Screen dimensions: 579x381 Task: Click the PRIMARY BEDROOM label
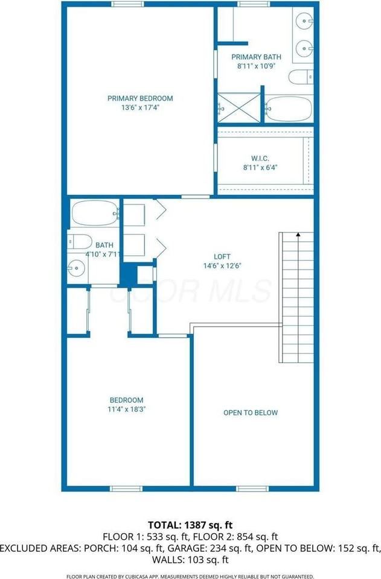click(140, 98)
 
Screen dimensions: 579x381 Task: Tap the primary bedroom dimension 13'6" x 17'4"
click(140, 108)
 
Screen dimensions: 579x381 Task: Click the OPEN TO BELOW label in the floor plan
click(251, 413)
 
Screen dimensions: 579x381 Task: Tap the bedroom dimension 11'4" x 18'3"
click(127, 409)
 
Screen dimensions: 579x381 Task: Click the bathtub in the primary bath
click(289, 109)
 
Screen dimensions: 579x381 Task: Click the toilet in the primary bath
click(300, 77)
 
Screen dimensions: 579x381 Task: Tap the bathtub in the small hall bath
click(95, 214)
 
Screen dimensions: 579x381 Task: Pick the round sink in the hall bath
click(76, 266)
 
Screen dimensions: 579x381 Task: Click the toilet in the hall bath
click(79, 242)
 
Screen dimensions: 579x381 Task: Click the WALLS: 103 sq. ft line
click(190, 560)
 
